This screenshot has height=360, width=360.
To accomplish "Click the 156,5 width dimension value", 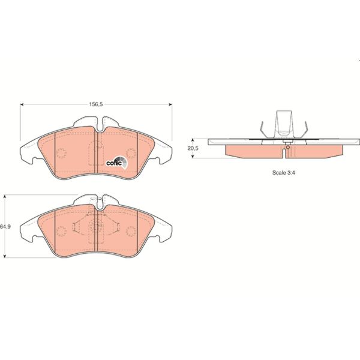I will point(97,104).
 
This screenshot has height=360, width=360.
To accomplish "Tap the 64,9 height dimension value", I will point(6,227).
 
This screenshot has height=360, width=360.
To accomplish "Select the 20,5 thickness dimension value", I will point(192,148).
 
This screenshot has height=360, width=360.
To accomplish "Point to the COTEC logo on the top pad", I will point(115,161).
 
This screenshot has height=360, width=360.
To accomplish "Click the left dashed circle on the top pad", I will point(61,152).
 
